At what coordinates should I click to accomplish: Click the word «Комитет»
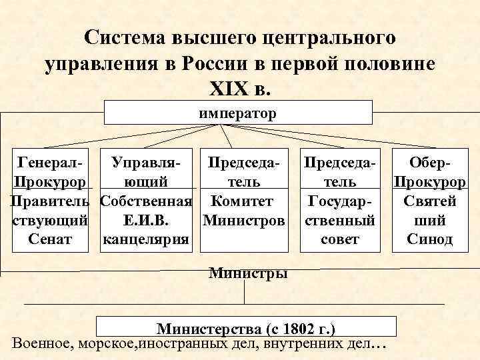tap(245, 200)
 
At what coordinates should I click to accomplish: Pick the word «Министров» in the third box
tap(245, 219)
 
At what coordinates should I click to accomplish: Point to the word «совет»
tap(340, 239)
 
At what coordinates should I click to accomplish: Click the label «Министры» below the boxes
tap(248, 272)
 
